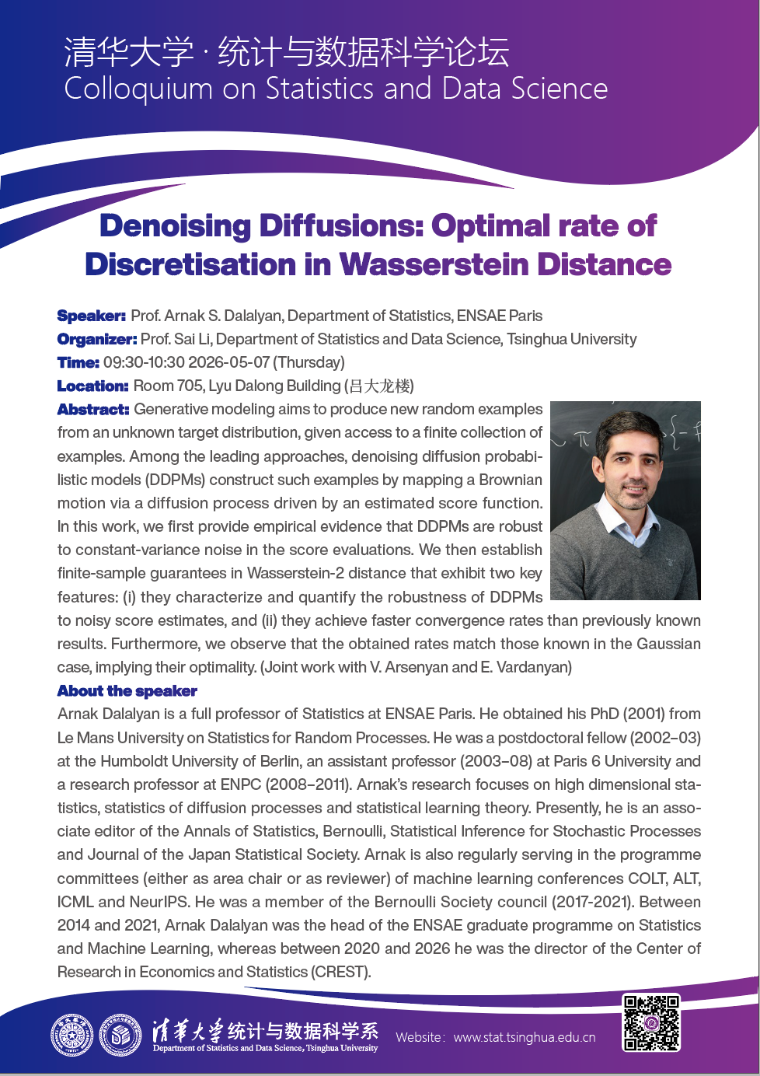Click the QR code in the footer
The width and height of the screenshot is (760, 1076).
(651, 1022)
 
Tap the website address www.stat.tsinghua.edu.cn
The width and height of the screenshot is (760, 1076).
(525, 1037)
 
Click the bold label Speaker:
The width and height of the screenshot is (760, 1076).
(91, 316)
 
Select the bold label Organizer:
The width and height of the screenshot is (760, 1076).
(97, 339)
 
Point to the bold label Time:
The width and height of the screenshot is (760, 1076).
(78, 362)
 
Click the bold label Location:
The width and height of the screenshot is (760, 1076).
(92, 386)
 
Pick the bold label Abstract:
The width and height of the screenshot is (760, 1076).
(93, 409)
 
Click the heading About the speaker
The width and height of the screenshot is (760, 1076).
(127, 691)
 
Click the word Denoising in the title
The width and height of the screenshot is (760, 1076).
(174, 225)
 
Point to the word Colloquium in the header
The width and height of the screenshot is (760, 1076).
(138, 89)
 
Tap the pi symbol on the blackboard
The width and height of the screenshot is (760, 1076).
(582, 439)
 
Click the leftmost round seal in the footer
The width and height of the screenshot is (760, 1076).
(71, 1036)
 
